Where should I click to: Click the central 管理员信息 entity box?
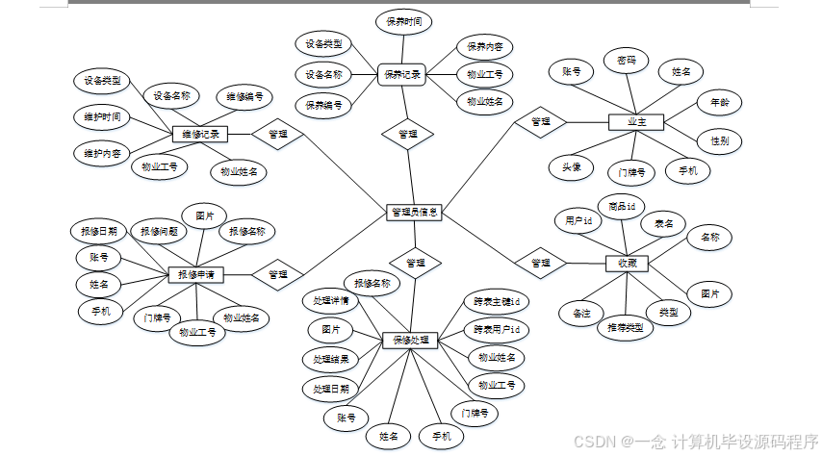click(415, 213)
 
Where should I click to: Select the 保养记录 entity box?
click(402, 74)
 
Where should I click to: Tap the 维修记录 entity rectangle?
click(200, 135)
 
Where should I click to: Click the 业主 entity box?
click(636, 122)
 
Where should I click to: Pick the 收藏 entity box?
click(627, 263)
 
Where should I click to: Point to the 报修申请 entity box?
click(196, 274)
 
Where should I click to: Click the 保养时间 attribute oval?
click(403, 21)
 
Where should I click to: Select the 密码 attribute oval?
click(627, 61)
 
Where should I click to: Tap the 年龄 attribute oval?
click(719, 101)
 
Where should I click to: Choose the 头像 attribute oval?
click(572, 166)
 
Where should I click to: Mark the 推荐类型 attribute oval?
click(625, 328)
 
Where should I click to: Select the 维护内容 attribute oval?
click(101, 153)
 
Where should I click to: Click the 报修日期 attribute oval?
click(99, 231)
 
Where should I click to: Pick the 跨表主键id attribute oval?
click(497, 301)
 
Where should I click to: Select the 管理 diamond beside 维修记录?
click(278, 135)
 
